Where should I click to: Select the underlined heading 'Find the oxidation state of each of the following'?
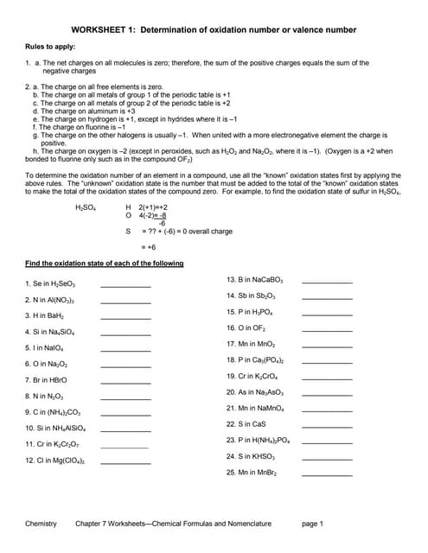104,263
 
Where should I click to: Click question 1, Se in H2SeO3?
55,283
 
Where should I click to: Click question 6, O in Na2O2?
53,364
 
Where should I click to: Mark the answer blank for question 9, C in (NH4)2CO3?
125,412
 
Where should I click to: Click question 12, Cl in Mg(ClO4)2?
59,461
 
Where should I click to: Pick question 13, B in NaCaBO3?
260,280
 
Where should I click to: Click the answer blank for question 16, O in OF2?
327,329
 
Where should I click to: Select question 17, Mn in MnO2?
256,344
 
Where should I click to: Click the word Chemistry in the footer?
41,524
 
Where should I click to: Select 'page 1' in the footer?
312,524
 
